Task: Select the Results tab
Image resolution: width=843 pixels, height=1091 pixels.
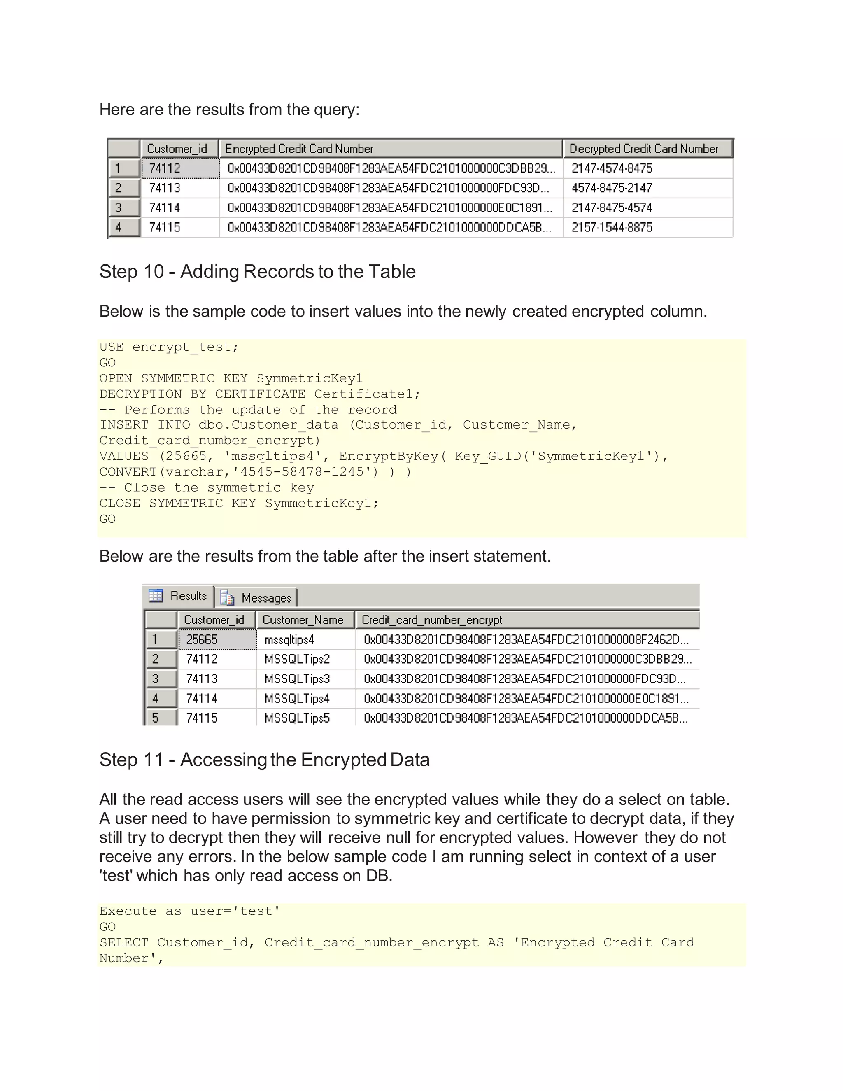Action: [x=179, y=596]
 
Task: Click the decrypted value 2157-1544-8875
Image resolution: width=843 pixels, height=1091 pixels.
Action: [x=612, y=227]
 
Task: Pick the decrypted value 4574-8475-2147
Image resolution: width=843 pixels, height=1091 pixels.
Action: [x=612, y=188]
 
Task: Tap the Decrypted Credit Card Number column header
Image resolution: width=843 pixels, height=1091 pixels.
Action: [x=644, y=148]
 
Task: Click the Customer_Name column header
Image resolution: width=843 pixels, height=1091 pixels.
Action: [x=303, y=620]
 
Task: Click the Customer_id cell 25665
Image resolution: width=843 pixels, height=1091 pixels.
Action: [x=202, y=639]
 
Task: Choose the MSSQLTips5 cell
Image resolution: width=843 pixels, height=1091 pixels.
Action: [x=297, y=718]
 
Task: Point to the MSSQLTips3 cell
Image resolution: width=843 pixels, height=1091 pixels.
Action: [x=297, y=679]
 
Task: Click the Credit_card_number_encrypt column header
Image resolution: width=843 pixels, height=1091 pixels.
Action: [x=432, y=620]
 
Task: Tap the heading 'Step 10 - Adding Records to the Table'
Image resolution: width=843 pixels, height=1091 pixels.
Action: [x=257, y=272]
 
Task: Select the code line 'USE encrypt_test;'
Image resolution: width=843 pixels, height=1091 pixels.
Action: [x=169, y=347]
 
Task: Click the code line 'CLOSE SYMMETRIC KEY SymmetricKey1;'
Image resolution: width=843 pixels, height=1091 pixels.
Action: [x=239, y=503]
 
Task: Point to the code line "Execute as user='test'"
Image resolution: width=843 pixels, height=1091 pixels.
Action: [x=190, y=911]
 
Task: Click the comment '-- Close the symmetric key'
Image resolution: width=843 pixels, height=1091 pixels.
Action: [x=207, y=487]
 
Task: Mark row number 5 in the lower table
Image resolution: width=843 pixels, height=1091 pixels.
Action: [x=155, y=718]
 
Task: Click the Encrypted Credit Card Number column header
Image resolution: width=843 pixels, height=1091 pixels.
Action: [x=299, y=148]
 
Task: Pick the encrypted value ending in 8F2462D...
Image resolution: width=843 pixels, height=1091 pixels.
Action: [x=526, y=639]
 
